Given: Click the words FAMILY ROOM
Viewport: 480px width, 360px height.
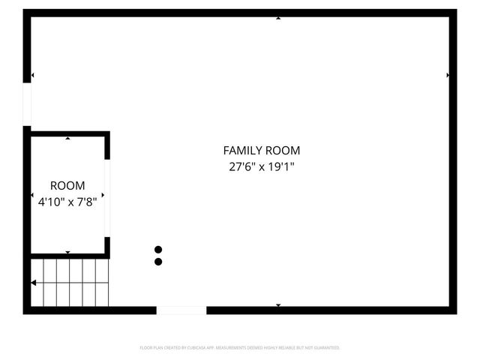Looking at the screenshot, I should (x=262, y=151).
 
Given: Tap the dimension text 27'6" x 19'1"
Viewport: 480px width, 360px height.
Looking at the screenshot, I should (x=262, y=167).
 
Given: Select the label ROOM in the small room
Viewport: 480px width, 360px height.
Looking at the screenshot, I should (x=67, y=185).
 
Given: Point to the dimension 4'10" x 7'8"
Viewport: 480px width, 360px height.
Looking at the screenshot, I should (x=67, y=201).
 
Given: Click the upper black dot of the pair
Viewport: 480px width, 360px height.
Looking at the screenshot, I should (x=158, y=250).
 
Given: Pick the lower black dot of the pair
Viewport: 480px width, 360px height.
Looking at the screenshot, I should (x=158, y=262).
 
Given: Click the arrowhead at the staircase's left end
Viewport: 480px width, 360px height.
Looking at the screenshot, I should (x=34, y=283).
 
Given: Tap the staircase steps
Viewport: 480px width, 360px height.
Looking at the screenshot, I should (x=71, y=282).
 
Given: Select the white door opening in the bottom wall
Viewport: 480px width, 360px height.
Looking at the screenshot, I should (x=181, y=310).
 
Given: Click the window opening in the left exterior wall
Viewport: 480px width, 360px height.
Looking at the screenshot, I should (x=27, y=104).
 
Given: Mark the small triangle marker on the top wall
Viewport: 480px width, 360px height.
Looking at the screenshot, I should (x=278, y=17).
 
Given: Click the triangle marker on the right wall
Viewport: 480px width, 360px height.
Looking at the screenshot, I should (x=448, y=76).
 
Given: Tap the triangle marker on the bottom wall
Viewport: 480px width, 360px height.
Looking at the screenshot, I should (x=278, y=305).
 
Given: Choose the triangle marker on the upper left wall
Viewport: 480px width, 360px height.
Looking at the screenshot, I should (x=33, y=76).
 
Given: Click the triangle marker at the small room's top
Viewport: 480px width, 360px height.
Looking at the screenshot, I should (x=68, y=138).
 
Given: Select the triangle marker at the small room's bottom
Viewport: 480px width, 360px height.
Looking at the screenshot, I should (x=68, y=253).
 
